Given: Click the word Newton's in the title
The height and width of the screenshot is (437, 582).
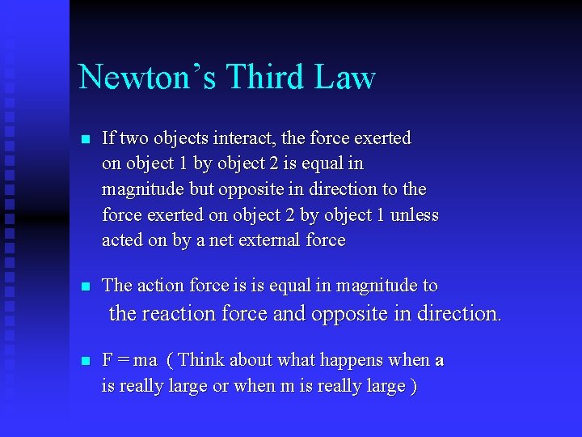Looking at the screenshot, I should [146, 78].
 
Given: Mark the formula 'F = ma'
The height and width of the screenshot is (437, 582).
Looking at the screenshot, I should [129, 360].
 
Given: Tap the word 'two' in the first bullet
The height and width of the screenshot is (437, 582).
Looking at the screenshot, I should [137, 138].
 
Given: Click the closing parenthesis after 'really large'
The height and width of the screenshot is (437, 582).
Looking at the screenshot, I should [414, 387].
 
